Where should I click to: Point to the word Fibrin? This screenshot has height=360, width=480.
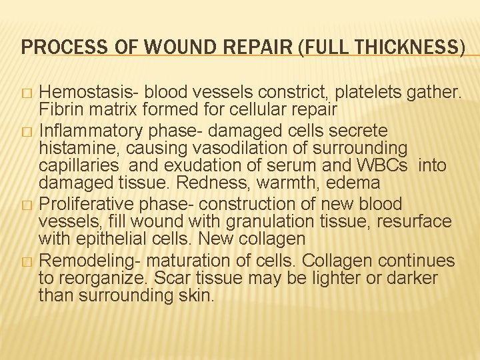click(60, 109)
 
